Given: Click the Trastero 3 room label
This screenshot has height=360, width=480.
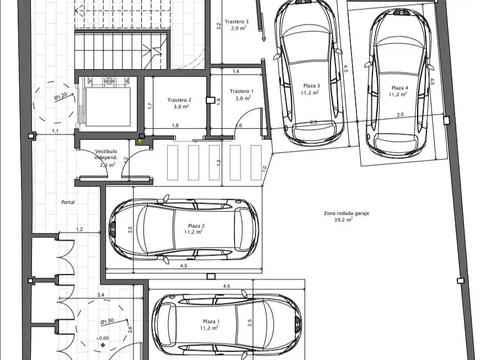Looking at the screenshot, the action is tap(237, 22).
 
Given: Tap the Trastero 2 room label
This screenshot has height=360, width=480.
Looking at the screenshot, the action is tap(179, 100).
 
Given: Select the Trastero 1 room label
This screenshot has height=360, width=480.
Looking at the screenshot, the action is tap(242, 91).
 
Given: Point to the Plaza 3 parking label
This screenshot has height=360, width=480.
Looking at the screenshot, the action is tap(312, 86).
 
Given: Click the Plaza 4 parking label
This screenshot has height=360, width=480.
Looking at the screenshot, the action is tap(400, 88).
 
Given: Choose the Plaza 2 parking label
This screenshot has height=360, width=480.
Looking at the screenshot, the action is tap(196, 226).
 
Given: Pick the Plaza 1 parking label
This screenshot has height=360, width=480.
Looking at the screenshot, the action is tap(211, 321).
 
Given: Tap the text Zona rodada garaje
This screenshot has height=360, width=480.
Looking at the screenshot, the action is tap(346, 213).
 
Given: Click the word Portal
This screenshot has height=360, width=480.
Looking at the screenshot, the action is tap(68, 202).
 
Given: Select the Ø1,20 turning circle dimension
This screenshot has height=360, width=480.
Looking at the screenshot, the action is tap(61, 96).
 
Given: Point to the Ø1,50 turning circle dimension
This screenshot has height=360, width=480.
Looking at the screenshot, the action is tap(107, 321).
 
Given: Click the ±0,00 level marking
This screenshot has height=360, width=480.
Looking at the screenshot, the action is tap(102, 338).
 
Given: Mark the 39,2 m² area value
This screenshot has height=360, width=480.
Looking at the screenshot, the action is tap(343, 219).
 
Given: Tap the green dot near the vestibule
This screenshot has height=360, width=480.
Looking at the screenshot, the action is tap(141, 141).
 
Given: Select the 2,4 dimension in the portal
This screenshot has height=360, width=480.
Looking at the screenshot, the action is tap(101, 295).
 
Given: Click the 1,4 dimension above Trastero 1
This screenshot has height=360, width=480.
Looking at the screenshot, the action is tap(236, 71).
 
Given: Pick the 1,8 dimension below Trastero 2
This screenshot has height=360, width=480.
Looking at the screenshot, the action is tap(175, 125).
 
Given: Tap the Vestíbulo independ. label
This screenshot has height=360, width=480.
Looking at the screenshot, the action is tap(106, 155).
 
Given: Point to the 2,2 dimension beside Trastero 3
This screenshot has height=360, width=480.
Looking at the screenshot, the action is tap(218, 27).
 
